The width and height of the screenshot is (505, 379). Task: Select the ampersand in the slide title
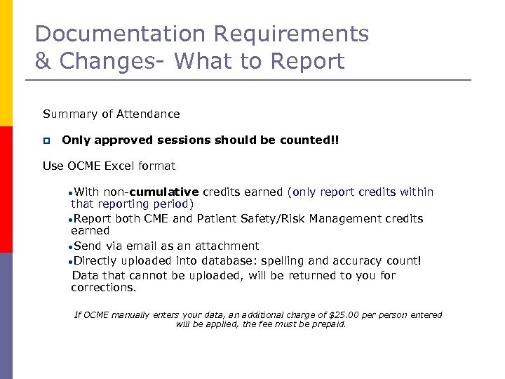pyautogui.click(x=43, y=61)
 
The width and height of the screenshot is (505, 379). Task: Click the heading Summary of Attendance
pyautogui.click(x=111, y=114)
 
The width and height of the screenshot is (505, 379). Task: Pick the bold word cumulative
pyautogui.click(x=165, y=192)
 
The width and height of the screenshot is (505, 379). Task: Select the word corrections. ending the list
pyautogui.click(x=103, y=287)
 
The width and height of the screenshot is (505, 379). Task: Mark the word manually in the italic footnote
pyautogui.click(x=129, y=315)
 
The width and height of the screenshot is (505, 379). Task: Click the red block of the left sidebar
pyautogui.click(x=6, y=189)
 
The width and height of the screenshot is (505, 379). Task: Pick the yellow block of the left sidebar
pyautogui.click(x=6, y=63)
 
